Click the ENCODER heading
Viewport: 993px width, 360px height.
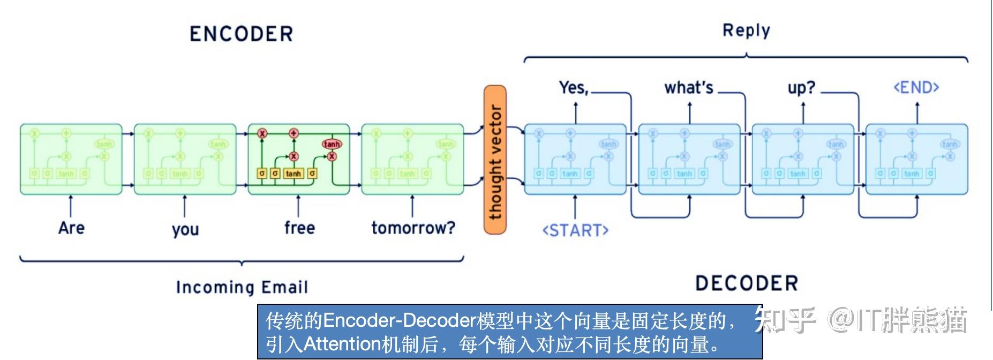click(x=241, y=34)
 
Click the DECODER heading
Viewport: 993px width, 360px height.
click(x=746, y=283)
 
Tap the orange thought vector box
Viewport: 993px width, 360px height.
click(x=495, y=160)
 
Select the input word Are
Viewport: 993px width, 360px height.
click(x=71, y=228)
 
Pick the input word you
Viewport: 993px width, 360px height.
click(x=185, y=229)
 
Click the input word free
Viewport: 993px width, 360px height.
click(x=299, y=228)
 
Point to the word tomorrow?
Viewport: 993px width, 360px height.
click(x=413, y=228)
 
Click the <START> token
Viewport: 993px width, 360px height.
click(x=575, y=230)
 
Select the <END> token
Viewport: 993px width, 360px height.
click(x=916, y=87)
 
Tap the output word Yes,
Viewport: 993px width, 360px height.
click(x=574, y=87)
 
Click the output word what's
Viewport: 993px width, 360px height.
click(x=689, y=87)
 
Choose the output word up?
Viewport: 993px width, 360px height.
click(x=801, y=88)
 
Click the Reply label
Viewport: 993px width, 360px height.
click(x=746, y=31)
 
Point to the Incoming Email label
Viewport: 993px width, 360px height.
click(x=242, y=288)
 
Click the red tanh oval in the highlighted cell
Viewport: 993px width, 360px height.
click(x=332, y=144)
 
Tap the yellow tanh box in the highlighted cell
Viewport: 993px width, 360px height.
click(x=293, y=174)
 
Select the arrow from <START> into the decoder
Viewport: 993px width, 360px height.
click(x=575, y=207)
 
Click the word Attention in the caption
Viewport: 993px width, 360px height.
click(x=342, y=344)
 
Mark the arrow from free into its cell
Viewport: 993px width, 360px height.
click(x=298, y=207)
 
